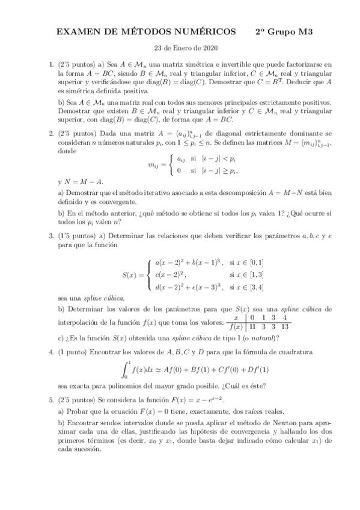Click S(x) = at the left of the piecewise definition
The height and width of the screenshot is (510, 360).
(x=133, y=275)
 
